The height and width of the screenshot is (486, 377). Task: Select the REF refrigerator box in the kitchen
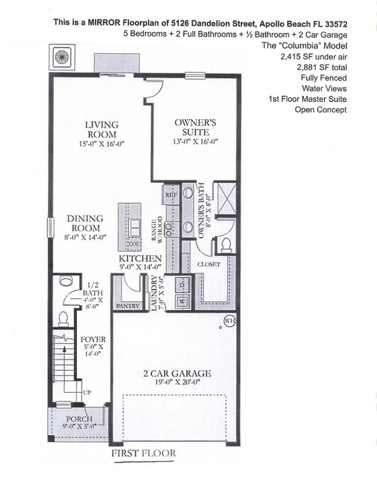(x=171, y=194)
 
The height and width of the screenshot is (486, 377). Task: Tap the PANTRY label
(x=127, y=306)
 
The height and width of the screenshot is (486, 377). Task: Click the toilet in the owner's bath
(x=226, y=244)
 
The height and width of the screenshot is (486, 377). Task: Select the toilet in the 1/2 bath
(x=64, y=317)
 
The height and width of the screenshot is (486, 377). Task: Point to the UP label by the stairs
(x=86, y=391)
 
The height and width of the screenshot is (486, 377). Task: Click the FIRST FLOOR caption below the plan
(x=143, y=454)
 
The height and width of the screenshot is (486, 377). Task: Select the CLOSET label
(x=208, y=265)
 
